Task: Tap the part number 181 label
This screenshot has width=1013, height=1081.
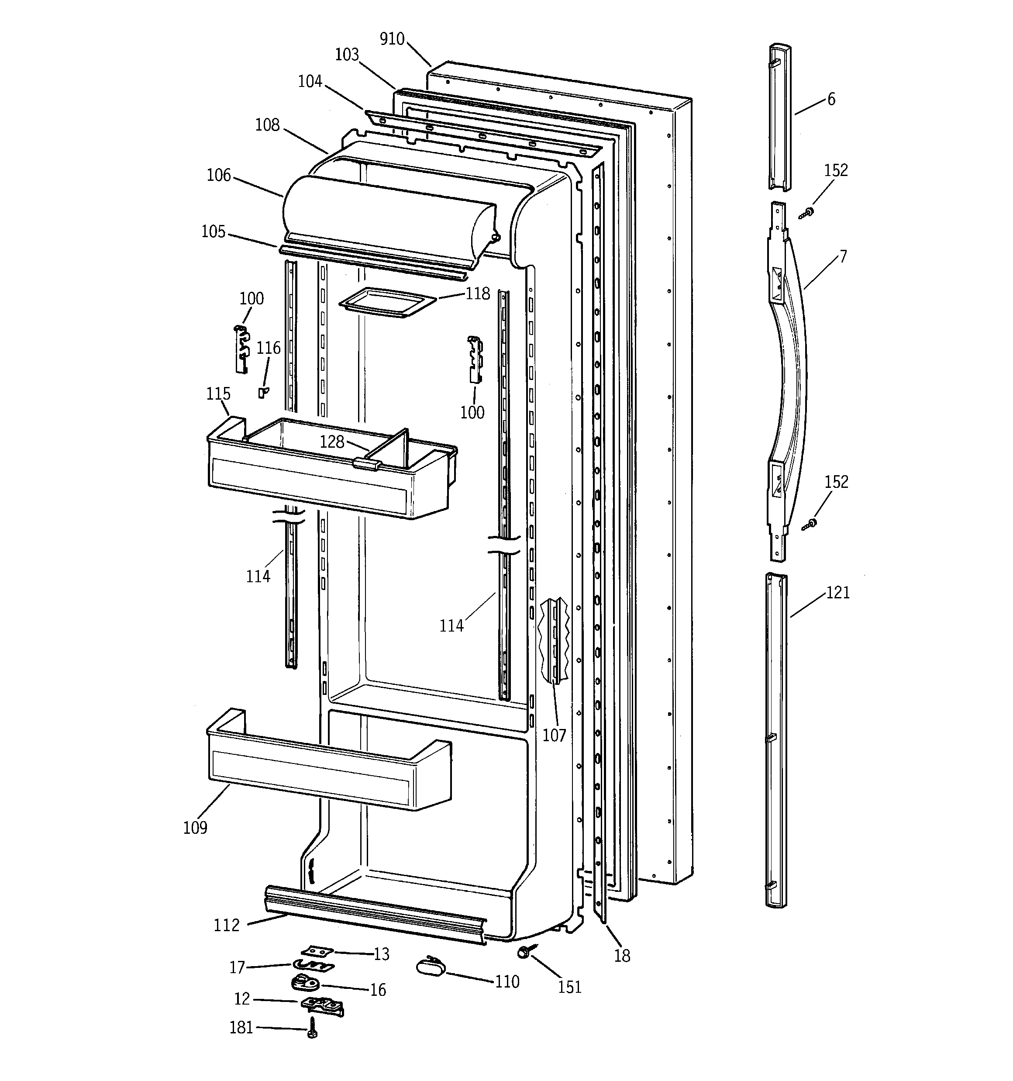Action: coord(241,1027)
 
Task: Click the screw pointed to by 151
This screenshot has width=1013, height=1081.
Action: coord(524,952)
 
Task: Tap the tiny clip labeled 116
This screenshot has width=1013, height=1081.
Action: coord(263,392)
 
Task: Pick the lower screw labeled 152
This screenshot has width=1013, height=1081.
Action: coord(810,524)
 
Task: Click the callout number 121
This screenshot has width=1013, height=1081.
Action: coord(837,592)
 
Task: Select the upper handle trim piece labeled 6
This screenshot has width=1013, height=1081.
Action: coord(779,117)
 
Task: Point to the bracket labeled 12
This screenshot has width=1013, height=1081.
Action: coord(322,1006)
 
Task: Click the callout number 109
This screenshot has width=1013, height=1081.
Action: coord(195,828)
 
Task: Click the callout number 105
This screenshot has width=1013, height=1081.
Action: coord(213,231)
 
